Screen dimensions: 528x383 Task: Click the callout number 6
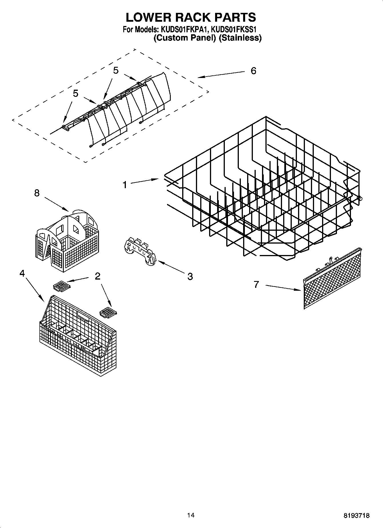pos(253,71)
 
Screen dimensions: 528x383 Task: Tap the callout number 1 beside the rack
pos(125,185)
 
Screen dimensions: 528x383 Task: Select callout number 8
pos(37,193)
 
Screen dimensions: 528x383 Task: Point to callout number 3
pos(190,276)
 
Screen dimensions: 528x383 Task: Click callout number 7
pos(256,284)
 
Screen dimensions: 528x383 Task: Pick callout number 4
pos(22,273)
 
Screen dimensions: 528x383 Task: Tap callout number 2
pos(98,276)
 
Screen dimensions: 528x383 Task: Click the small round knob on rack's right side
pos(360,198)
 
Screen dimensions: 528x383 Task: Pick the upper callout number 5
pos(116,71)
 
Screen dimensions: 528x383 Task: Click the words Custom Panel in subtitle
pos(184,38)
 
